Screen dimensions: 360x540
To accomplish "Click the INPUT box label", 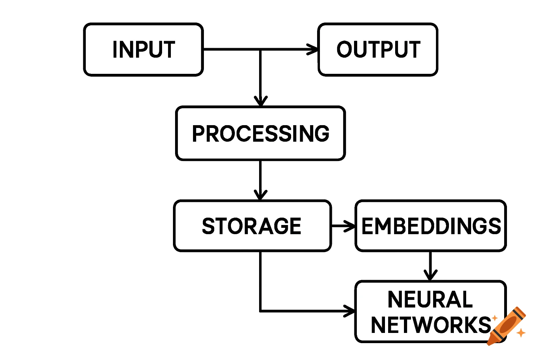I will pos(144,50).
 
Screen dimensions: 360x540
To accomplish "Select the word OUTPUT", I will pos(378,50).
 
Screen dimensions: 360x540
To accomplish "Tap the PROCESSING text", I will pos(261,134).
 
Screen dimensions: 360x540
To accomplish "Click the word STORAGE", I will pos(252,226).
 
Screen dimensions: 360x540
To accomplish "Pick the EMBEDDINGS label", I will pos(431,226).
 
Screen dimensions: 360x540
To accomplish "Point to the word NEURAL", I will pos(430,300).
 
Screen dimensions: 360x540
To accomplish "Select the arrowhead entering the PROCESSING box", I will pos(261,101).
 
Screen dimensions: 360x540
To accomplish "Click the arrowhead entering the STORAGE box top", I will pos(261,195).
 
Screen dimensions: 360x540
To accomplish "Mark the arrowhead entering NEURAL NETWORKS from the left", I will pos(350,311).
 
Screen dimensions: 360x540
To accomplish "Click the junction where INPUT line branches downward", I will pos(261,50).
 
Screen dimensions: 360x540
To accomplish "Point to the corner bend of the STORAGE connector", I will pos(261,311).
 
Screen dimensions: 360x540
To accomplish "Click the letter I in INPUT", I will pos(115,50).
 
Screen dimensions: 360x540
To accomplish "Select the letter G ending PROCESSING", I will pos(321,134).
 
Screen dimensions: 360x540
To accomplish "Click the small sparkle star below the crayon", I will pos(521,332).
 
